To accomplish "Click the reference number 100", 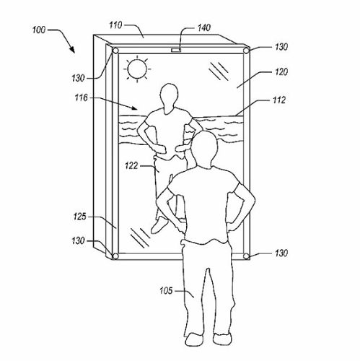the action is coord(39,30).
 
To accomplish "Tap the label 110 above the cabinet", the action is coord(115,25).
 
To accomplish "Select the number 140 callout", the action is coord(204,28).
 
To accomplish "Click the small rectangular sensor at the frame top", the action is coord(176,50).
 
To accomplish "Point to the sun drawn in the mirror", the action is coord(137,69).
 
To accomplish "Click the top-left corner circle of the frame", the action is coord(115,51).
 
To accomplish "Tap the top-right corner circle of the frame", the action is coord(246,51).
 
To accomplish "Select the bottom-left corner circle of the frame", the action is coord(115,256).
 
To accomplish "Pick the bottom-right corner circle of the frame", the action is coord(246,256).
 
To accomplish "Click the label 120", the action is coord(281,71).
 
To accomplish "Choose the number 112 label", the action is coord(279,100).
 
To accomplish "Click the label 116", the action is coord(82,97).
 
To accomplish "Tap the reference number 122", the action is coord(131,165).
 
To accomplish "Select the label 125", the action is coord(79,217).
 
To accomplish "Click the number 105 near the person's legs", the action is coord(166,291).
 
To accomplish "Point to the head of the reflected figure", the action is coord(169,96).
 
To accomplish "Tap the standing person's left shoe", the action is coord(194,339).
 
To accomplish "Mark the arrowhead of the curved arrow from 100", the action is coord(72,49).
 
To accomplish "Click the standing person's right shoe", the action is coord(222,339).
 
